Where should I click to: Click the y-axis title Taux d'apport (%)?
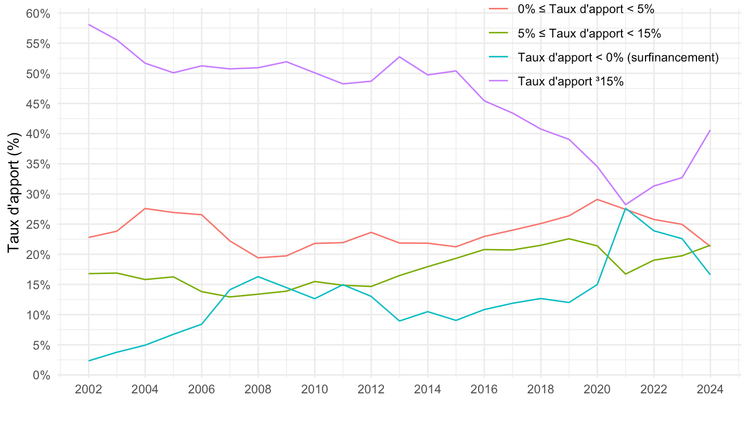click(x=16, y=193)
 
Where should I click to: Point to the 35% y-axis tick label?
click(x=38, y=164)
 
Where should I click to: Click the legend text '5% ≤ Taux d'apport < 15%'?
click(x=589, y=33)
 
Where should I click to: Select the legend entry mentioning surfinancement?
click(x=618, y=57)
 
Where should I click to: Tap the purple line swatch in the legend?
click(x=499, y=81)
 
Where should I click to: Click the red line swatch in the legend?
click(x=499, y=9)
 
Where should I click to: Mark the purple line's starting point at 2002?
click(x=88, y=24)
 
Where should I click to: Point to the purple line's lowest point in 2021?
click(x=625, y=205)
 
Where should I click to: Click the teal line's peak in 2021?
click(x=625, y=208)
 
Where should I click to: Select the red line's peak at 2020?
click(x=597, y=199)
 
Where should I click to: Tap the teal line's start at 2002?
click(x=88, y=361)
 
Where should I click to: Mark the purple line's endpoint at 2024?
click(x=710, y=130)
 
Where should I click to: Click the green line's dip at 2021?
click(x=625, y=274)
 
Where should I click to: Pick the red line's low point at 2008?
click(x=258, y=258)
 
